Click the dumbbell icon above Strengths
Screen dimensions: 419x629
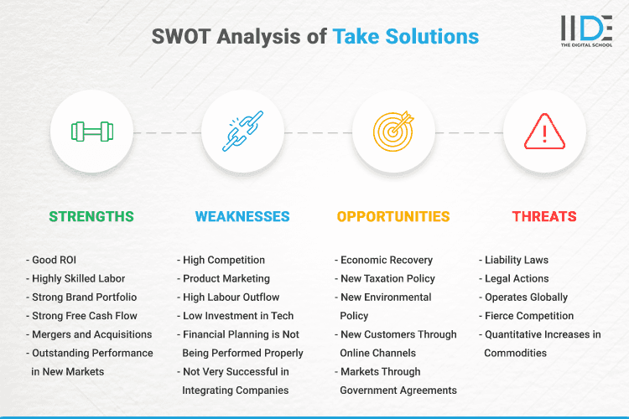91,132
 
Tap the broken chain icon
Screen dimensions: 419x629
242,132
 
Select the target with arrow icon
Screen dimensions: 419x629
393,132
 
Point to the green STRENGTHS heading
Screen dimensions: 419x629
91,216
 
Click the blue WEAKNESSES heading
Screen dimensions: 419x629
242,216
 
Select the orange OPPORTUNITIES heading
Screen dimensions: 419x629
393,216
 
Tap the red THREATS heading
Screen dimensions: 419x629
544,216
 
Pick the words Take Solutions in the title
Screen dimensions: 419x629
406,37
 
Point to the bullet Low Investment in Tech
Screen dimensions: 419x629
237,316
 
